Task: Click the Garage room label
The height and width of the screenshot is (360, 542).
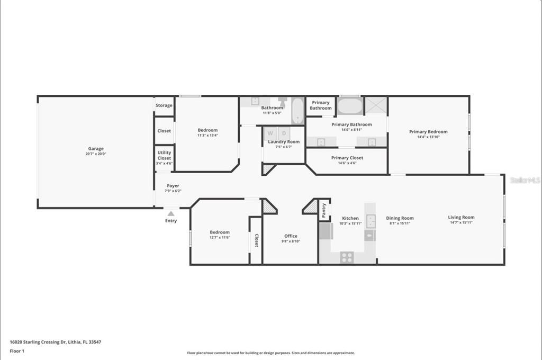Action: (96, 149)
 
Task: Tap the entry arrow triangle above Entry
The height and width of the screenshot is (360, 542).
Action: (170, 214)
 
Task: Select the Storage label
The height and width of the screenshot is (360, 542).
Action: (164, 105)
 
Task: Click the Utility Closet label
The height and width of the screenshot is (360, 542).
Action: (164, 155)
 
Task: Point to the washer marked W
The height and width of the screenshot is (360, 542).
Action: (270, 133)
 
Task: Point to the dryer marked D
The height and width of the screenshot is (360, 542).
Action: (284, 133)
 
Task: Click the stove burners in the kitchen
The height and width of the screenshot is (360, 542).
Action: (347, 257)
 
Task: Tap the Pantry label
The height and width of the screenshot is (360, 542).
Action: (324, 210)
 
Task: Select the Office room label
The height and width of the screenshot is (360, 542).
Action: (291, 236)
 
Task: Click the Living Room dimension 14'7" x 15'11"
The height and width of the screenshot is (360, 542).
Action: (461, 223)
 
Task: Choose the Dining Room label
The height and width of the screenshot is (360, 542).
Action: (400, 218)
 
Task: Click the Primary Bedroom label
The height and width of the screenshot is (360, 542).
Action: (428, 132)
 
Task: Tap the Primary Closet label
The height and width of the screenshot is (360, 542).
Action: (347, 158)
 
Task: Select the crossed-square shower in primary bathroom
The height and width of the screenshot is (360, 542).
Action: (376, 106)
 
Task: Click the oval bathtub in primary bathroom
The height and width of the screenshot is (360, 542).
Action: (349, 106)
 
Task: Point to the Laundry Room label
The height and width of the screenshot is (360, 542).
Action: (284, 142)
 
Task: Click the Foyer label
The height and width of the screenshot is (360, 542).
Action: (173, 186)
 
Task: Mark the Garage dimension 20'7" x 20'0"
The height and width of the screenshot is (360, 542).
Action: (96, 154)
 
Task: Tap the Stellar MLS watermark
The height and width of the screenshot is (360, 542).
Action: (525, 180)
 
